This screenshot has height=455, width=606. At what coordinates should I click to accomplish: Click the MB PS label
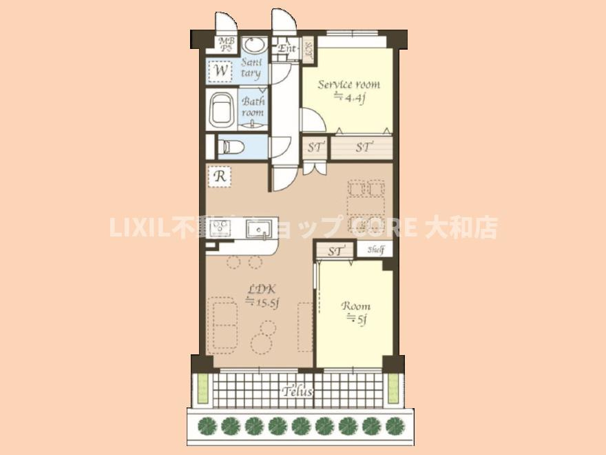click(x=225, y=44)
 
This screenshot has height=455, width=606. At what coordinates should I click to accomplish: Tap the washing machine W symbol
click(x=220, y=70)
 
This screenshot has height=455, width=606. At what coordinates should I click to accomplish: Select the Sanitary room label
click(x=251, y=68)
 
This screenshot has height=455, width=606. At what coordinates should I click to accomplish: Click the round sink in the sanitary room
click(x=255, y=45)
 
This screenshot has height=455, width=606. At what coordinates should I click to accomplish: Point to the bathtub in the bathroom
click(x=222, y=110)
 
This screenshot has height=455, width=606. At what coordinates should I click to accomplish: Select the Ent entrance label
click(x=287, y=49)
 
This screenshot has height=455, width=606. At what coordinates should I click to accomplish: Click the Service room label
click(x=348, y=85)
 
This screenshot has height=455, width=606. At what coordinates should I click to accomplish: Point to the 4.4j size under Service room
click(x=349, y=98)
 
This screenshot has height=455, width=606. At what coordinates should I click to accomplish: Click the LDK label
click(x=261, y=290)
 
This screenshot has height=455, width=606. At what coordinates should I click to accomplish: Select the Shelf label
click(x=375, y=250)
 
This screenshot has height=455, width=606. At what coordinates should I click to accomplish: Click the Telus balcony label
click(x=297, y=392)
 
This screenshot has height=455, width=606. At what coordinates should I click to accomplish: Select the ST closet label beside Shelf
click(x=336, y=252)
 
